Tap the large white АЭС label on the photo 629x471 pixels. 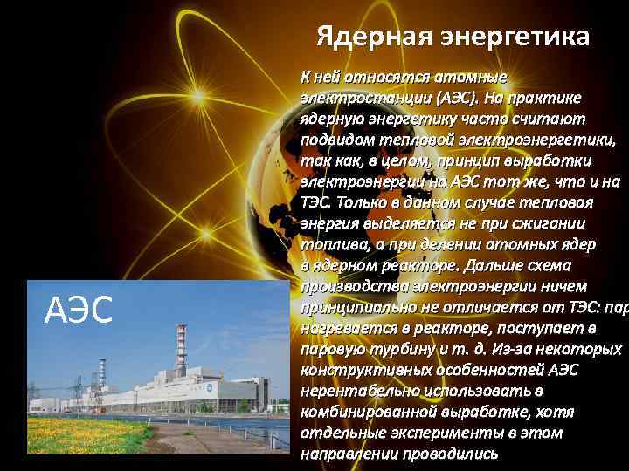(x=78, y=310)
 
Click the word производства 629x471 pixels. (x=345, y=287)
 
